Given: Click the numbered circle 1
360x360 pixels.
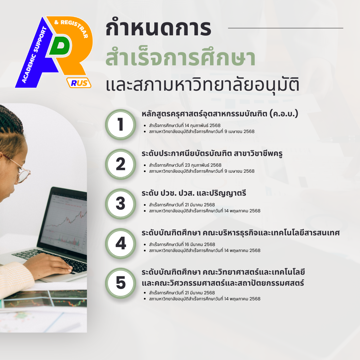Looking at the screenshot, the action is [x=121, y=125].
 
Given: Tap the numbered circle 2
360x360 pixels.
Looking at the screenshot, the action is [x=121, y=164].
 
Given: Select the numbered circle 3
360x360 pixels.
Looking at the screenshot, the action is [x=121, y=204].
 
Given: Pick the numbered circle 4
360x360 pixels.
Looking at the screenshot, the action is [x=121, y=244].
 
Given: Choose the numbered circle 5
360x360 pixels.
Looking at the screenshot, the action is [x=121, y=283].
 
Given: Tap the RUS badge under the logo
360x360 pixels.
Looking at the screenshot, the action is [x=79, y=83].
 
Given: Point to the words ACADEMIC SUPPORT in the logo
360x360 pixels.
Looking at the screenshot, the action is [x=34, y=55].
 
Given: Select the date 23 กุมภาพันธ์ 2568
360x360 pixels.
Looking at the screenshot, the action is [x=203, y=165].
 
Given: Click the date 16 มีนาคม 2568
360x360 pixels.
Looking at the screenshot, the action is [x=200, y=244].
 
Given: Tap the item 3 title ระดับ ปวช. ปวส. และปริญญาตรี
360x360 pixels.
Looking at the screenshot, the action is [x=194, y=193].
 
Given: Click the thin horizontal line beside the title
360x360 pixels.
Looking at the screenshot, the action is [x=286, y=28].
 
